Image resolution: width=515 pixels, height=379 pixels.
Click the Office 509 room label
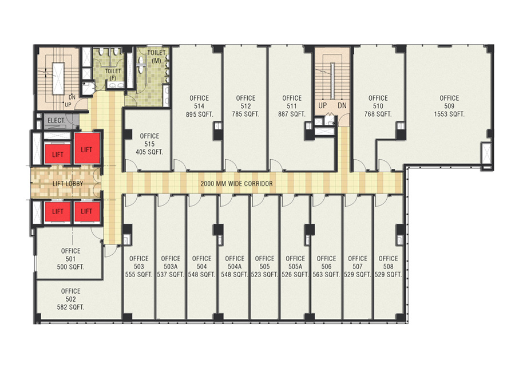tap(449, 102)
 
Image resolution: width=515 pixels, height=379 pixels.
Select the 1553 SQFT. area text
tap(449, 114)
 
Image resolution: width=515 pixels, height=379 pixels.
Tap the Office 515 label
tap(149, 140)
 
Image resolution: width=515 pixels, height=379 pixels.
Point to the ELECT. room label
tap(56, 120)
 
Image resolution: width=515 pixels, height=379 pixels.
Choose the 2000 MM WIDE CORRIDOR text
tap(236, 184)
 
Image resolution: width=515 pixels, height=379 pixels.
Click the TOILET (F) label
tap(112, 75)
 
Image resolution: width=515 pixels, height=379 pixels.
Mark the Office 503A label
tap(171, 262)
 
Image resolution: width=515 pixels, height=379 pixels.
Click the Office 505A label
tap(295, 262)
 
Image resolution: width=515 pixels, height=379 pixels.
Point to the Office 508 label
tap(388, 262)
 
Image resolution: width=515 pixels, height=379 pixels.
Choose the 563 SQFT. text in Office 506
tap(326, 275)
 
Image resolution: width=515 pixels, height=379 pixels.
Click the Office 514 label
tap(199, 102)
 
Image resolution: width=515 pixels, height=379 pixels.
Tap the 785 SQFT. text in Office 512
tap(245, 114)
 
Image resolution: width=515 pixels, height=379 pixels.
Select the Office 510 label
tap(378, 102)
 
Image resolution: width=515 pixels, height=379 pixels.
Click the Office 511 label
tap(292, 102)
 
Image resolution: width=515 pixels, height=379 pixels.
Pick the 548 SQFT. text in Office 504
tap(201, 275)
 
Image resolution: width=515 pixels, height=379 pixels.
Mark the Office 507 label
tap(358, 262)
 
